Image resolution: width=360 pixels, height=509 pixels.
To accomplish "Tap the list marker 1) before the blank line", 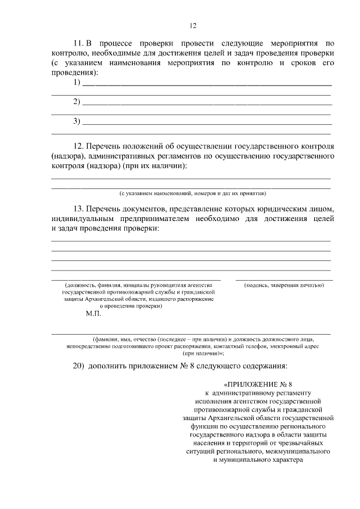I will [x=77, y=83].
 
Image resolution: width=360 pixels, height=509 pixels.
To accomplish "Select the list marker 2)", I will [x=77, y=102].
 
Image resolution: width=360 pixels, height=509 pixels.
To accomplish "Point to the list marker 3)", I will [x=77, y=121].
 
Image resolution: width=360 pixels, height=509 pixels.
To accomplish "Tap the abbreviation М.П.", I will [x=93, y=315].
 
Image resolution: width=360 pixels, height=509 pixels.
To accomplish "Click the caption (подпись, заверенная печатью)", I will [x=283, y=285].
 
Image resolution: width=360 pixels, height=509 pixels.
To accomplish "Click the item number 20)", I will [x=79, y=366].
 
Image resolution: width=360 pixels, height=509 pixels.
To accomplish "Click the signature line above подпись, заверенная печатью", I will [x=283, y=280].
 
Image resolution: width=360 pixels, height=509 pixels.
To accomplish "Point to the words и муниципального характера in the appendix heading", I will [x=258, y=460].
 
